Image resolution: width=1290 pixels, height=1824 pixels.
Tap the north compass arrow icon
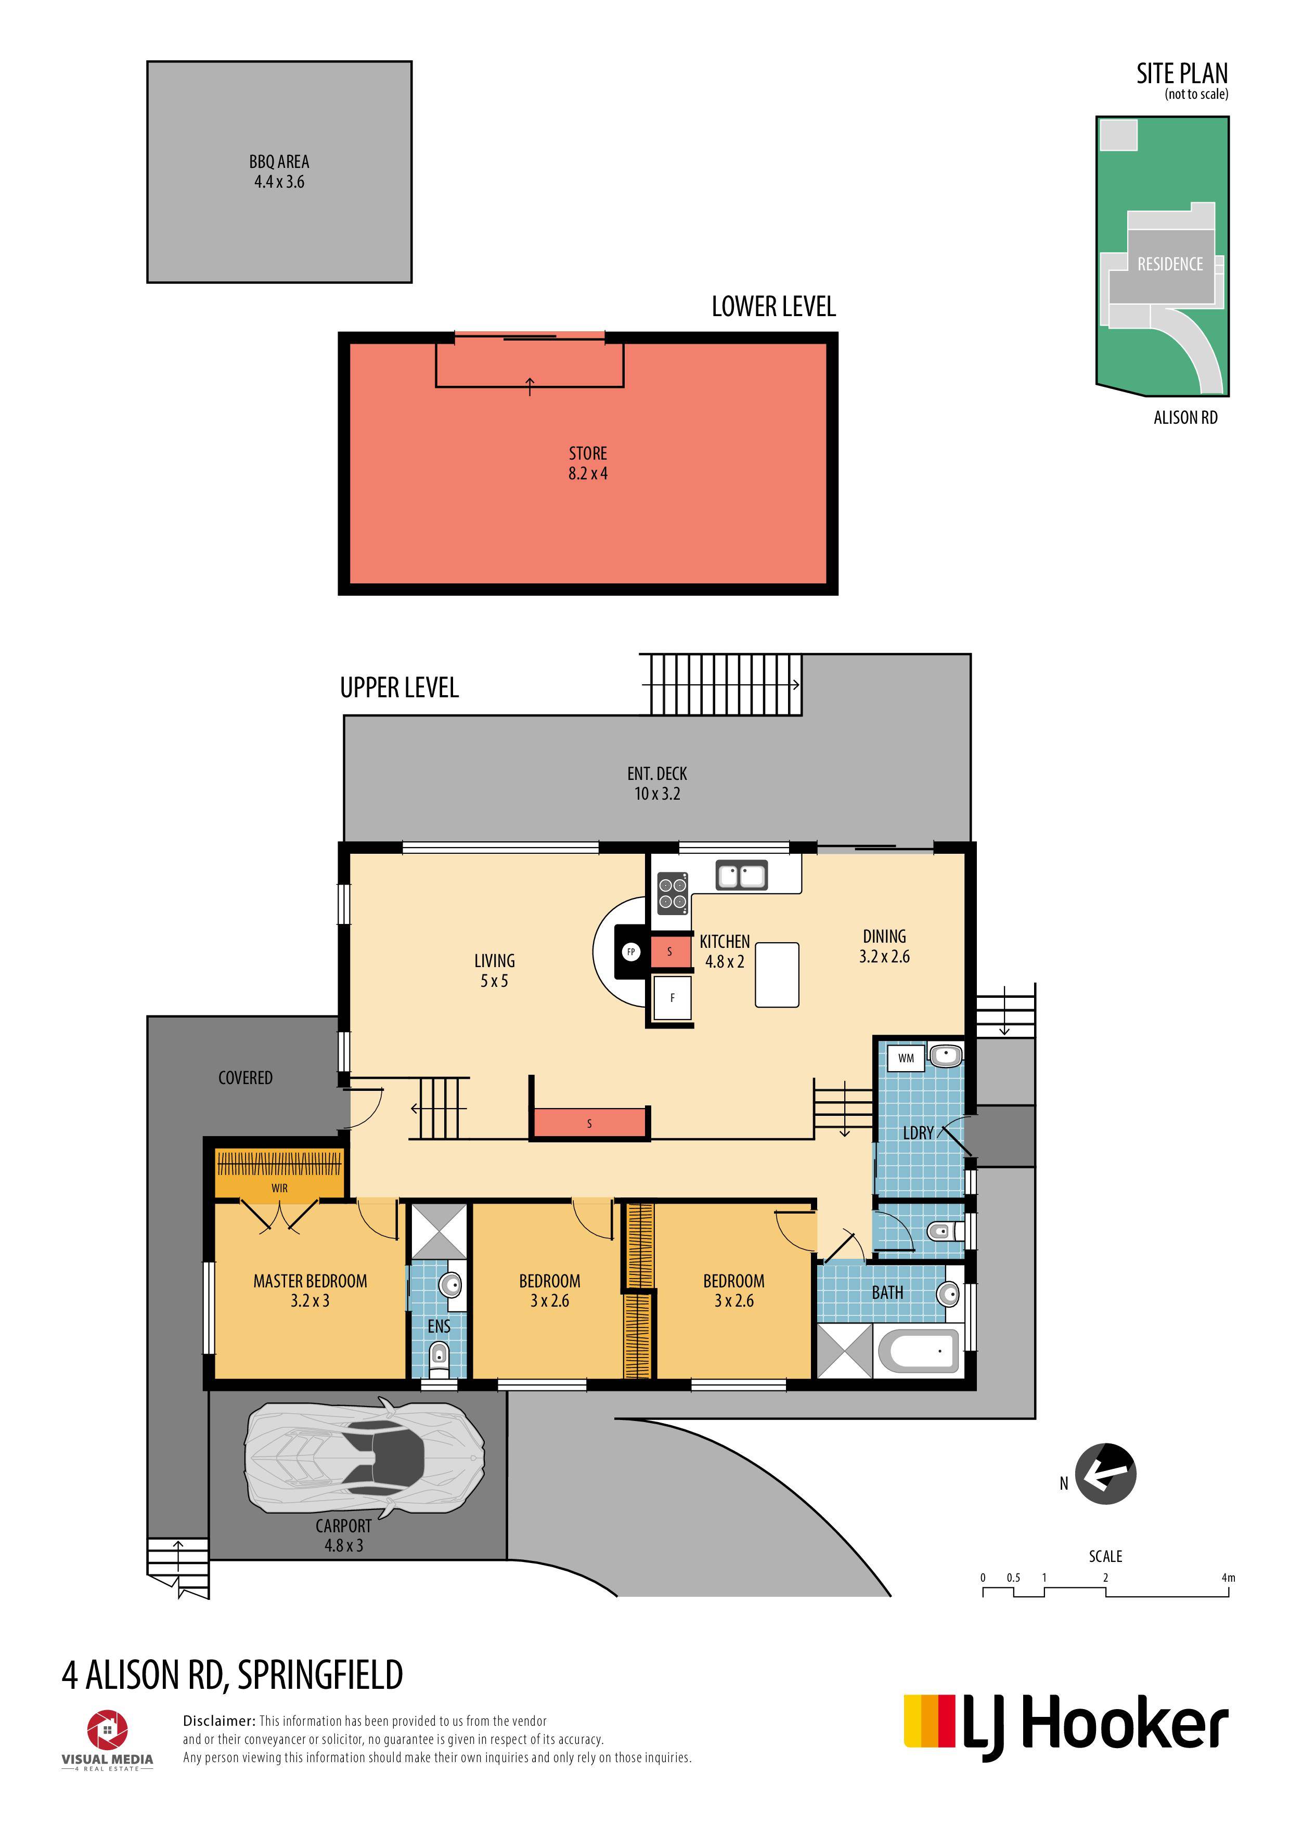(1105, 1474)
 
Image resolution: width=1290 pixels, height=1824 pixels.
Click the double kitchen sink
(742, 876)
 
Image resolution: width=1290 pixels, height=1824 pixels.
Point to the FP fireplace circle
(631, 952)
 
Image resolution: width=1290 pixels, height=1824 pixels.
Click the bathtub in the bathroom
(919, 1351)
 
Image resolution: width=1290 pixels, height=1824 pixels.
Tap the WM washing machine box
(906, 1058)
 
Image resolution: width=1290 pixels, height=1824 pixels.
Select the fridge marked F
(673, 998)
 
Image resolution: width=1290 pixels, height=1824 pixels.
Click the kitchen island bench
(777, 975)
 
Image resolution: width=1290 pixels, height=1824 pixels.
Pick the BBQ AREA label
(279, 161)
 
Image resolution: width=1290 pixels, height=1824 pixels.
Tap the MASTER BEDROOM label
(310, 1281)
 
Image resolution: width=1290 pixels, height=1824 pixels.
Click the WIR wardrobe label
(279, 1188)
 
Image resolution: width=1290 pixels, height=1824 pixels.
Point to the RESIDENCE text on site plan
(1170, 264)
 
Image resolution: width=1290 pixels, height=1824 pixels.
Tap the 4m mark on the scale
(1228, 1578)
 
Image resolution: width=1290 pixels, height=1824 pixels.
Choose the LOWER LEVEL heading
(773, 307)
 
